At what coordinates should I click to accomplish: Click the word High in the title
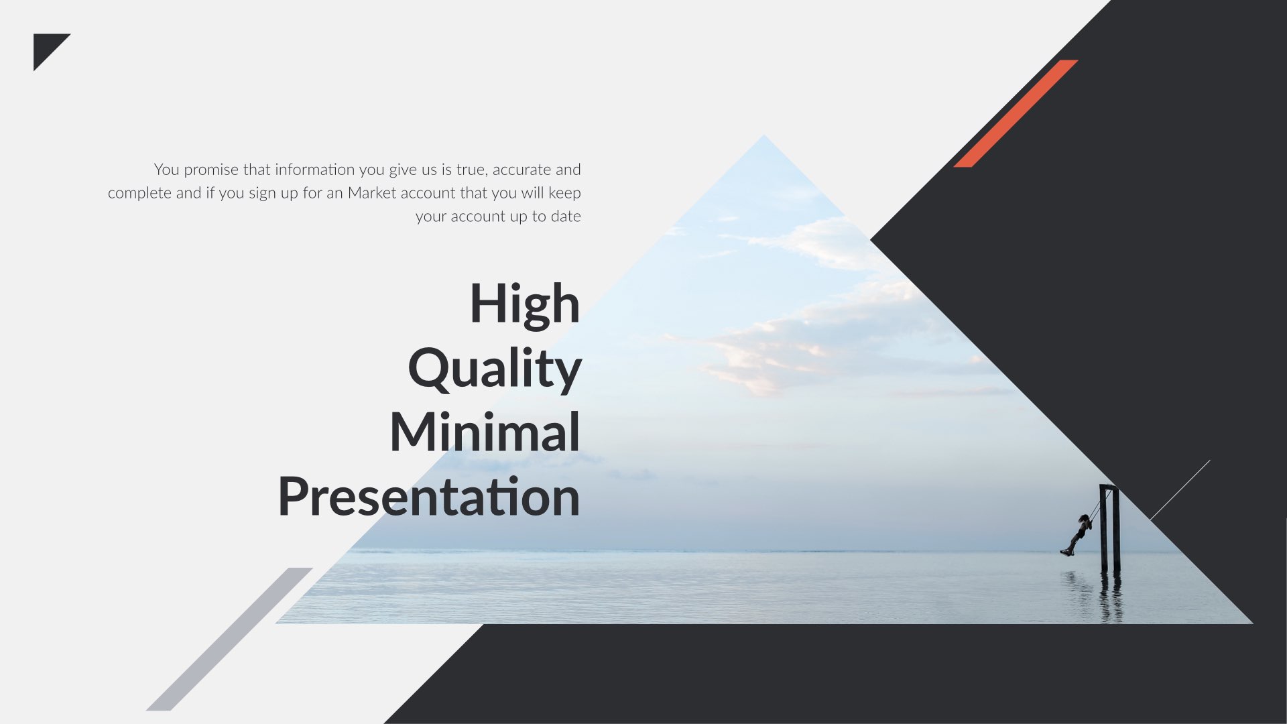tap(524, 304)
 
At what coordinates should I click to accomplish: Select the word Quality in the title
tap(495, 368)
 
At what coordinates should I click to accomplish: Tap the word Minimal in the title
tap(485, 432)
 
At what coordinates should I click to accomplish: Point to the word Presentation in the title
tap(429, 497)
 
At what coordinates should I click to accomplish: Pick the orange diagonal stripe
tap(1016, 113)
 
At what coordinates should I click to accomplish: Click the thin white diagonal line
tap(1180, 490)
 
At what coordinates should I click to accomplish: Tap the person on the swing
tap(1077, 534)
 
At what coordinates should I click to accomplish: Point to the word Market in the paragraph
tap(372, 193)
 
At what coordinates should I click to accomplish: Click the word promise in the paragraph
tap(211, 170)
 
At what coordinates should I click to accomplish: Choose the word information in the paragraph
tap(315, 170)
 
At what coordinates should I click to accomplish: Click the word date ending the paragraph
tap(566, 217)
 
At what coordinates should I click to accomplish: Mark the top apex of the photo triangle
tap(764, 137)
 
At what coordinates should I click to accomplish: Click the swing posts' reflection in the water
tap(1110, 597)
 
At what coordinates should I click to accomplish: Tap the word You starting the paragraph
tap(167, 170)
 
